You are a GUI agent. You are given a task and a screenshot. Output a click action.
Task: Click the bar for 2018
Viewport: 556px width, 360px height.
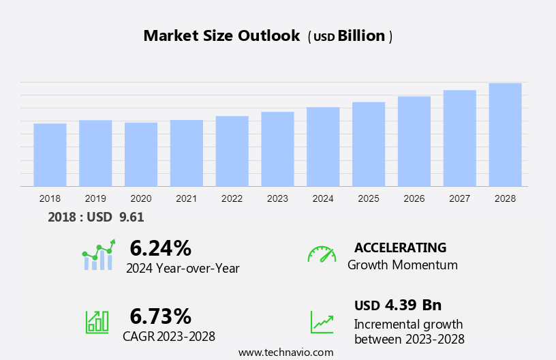coord(50,155)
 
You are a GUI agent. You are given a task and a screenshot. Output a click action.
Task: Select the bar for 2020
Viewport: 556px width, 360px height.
coord(141,154)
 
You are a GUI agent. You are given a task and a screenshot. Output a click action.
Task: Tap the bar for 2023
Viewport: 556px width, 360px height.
coord(277,149)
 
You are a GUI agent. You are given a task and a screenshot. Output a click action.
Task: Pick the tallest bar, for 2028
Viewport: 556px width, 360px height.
coord(505,134)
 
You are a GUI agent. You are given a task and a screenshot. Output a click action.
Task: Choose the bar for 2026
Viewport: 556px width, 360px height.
coord(414,141)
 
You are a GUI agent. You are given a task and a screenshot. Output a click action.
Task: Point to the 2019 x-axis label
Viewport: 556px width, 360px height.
coord(95,198)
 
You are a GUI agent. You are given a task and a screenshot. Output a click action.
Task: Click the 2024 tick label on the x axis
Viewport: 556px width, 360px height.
coord(323,198)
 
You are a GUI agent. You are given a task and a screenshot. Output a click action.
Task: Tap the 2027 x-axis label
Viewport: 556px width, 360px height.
coord(460,198)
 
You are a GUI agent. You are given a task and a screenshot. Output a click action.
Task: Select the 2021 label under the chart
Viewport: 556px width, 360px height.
coord(187,198)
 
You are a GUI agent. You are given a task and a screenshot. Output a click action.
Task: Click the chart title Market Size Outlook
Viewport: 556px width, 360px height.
coord(221,36)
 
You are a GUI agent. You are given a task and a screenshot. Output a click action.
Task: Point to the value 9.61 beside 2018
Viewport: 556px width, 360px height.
coord(131,217)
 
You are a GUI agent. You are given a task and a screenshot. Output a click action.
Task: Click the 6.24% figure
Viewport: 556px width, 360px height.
coord(160,247)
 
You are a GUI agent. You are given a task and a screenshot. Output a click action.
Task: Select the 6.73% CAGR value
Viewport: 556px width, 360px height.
coord(160,316)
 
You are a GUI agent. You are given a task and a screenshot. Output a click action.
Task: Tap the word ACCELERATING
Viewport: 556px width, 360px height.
coord(400,247)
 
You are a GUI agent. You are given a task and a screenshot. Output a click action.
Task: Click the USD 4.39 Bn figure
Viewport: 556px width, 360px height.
coord(398,305)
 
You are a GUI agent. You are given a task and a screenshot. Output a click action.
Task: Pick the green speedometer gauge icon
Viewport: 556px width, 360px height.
coord(322,254)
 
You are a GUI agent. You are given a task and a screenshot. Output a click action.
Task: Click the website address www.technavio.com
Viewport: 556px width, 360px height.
coord(285,352)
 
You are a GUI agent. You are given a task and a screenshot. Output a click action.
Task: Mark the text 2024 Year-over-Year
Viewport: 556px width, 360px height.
coord(183,268)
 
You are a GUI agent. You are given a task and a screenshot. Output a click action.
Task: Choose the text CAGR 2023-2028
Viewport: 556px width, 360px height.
coord(169,336)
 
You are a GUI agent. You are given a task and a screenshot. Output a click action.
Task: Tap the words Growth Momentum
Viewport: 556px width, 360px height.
coord(402,265)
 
